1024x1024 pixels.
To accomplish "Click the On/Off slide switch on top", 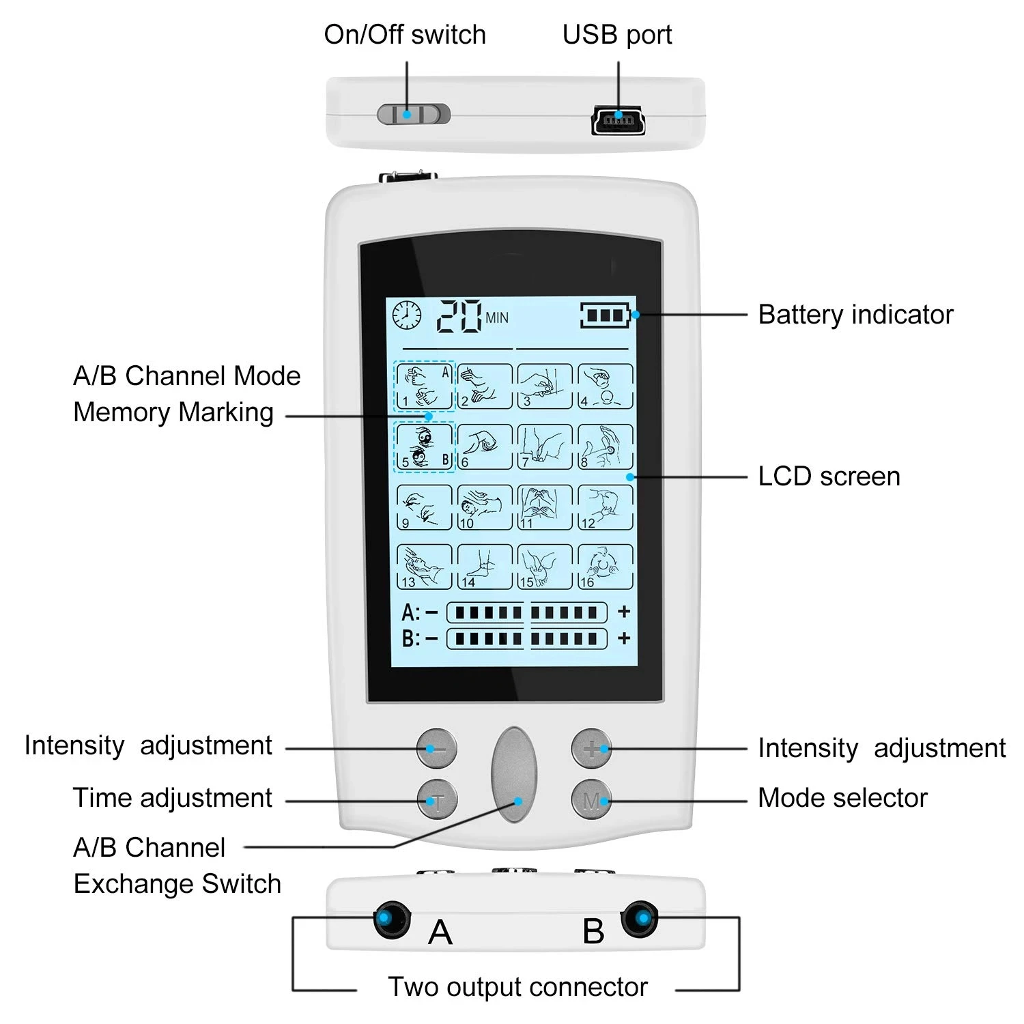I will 414,114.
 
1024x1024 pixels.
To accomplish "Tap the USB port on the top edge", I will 618,122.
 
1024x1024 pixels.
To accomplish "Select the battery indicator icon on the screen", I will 606,315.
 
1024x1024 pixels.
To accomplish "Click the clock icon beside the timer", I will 407,316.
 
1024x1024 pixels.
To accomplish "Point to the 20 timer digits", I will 459,316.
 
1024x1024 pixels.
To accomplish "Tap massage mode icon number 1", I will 424,386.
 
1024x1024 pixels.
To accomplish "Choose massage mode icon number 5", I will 424,447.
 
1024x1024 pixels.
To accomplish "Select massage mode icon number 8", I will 606,447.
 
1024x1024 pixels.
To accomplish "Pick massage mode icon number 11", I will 545,507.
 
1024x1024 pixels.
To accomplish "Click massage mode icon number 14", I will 484,567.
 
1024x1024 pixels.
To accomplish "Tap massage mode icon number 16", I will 606,567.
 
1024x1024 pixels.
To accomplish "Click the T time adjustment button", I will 437,800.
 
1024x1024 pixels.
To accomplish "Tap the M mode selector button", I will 591,800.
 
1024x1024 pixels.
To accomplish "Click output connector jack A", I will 392,919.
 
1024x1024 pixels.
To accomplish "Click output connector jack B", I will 640,919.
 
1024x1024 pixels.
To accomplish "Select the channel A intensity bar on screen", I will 526,612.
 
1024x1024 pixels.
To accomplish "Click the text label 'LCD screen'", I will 829,477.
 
